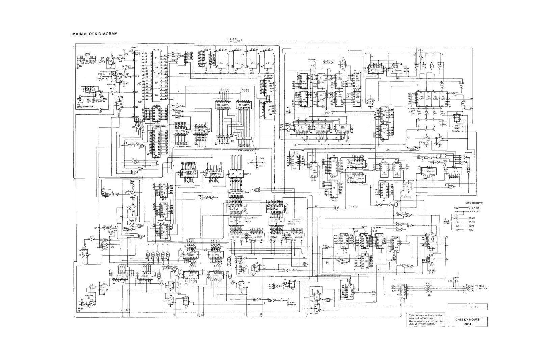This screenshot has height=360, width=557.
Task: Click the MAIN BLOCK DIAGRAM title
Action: click(x=95, y=34)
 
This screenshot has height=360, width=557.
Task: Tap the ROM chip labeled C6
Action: click(x=222, y=62)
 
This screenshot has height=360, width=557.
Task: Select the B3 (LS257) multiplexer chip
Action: click(x=244, y=105)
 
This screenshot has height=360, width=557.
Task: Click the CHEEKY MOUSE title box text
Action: click(x=467, y=319)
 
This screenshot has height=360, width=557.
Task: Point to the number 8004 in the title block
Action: click(x=467, y=324)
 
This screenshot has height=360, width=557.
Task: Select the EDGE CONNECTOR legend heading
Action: click(x=474, y=203)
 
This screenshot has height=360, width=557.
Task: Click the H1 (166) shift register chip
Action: click(x=235, y=237)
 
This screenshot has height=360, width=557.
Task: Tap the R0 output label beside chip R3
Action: click(x=447, y=237)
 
